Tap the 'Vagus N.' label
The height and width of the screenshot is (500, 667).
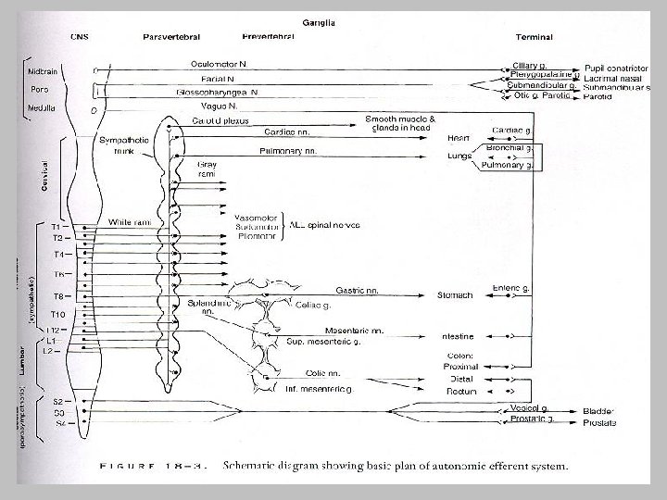pos(208,107)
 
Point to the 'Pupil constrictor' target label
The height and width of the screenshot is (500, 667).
pos(614,69)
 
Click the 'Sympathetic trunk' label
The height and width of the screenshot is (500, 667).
pos(118,145)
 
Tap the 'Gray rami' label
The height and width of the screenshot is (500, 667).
pos(207,169)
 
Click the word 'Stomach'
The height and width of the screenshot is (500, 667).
pos(455,295)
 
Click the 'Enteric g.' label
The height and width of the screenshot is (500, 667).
pos(512,289)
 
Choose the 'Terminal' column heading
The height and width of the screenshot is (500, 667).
pos(535,37)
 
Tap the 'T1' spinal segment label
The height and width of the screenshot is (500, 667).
pos(57,226)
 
